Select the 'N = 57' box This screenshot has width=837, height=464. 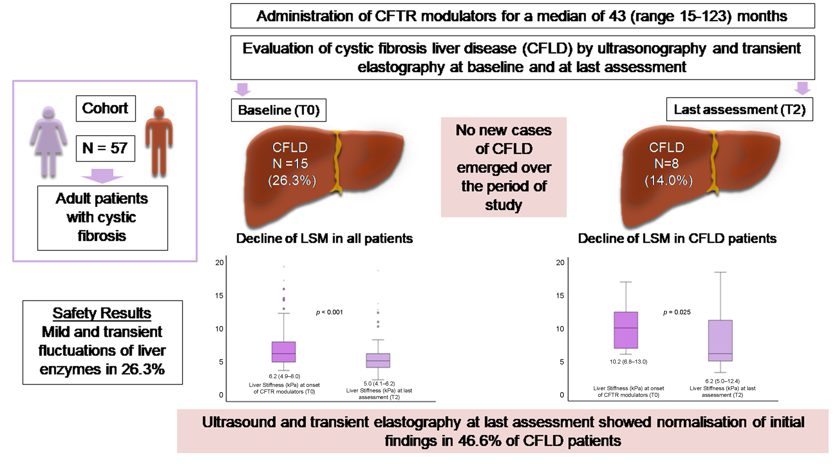click(x=105, y=148)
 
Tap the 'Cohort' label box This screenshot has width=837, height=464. click(x=106, y=108)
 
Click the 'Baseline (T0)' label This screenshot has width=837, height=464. click(x=279, y=110)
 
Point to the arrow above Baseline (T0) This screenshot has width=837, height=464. click(x=242, y=89)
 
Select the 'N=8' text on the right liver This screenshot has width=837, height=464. click(x=666, y=163)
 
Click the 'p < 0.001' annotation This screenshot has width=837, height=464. click(x=329, y=312)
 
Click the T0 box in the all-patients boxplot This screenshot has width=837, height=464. click(x=283, y=352)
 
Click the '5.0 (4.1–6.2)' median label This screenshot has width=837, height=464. click(x=379, y=384)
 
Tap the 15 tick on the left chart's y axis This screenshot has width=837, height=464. click(x=220, y=296)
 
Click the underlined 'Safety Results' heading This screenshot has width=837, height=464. click(x=102, y=313)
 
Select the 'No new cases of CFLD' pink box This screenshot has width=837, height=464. click(x=503, y=167)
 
